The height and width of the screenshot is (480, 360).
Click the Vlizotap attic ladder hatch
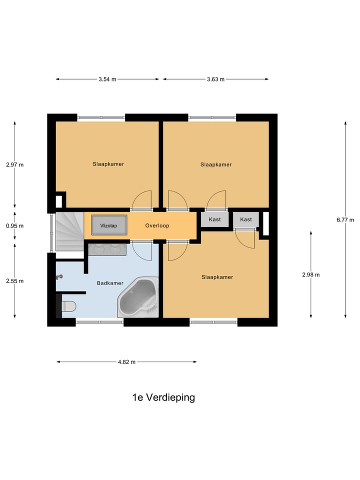108,225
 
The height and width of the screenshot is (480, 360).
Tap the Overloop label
157,225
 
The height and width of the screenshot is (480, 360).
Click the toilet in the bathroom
68,305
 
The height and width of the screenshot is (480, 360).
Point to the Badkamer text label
110,283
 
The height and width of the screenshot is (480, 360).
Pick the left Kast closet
215,219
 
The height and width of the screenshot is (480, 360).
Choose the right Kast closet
246,219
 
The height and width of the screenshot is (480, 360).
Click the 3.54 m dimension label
107,79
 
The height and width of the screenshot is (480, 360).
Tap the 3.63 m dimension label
215,79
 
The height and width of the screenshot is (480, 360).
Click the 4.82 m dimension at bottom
126,362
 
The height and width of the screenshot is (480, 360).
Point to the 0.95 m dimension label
14,225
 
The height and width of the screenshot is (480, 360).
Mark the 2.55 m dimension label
14,280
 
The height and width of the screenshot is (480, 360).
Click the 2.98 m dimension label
311,274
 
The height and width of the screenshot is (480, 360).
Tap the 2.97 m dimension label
14,164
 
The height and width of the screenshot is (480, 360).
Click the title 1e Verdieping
163,397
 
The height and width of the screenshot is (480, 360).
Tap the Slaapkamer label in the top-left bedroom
108,164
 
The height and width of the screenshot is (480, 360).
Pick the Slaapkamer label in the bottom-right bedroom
217,277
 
